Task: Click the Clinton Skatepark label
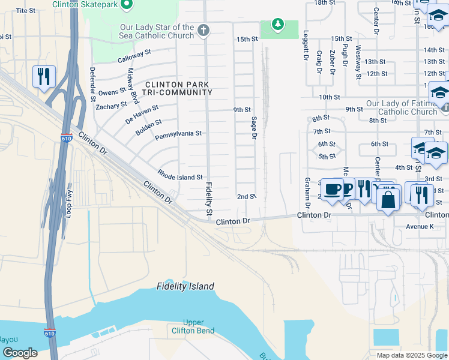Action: coord(86,5)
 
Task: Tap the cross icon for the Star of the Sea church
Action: coord(203,31)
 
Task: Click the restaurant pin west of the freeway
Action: coord(44,77)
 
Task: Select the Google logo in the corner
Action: coord(20,353)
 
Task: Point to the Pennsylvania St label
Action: coord(178,134)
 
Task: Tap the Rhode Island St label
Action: coord(180,177)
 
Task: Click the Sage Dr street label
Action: coord(254,130)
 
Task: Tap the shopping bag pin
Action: coord(389,200)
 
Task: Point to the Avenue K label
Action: coord(419,226)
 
